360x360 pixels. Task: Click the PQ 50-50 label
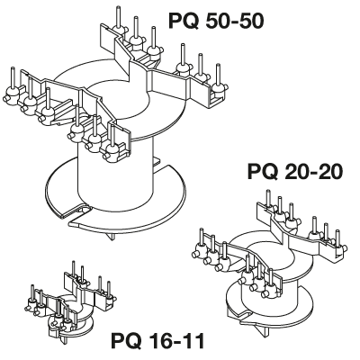point(216,22)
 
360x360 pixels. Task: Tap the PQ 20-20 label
point(294,172)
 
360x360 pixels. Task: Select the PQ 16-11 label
point(157,340)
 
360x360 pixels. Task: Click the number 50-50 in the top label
point(234,22)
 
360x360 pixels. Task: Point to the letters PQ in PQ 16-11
point(126,340)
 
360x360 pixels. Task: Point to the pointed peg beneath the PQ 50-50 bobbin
point(112,236)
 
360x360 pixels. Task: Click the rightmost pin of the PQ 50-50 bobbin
point(218,75)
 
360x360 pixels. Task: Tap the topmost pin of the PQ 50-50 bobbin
point(117,17)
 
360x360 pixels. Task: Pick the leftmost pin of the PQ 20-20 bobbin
point(202,238)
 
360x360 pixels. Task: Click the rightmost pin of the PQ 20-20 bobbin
point(337,238)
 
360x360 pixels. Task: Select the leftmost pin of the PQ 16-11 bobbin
point(32,292)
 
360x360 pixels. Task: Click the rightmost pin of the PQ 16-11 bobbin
point(109,289)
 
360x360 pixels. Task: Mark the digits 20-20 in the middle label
point(312,172)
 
